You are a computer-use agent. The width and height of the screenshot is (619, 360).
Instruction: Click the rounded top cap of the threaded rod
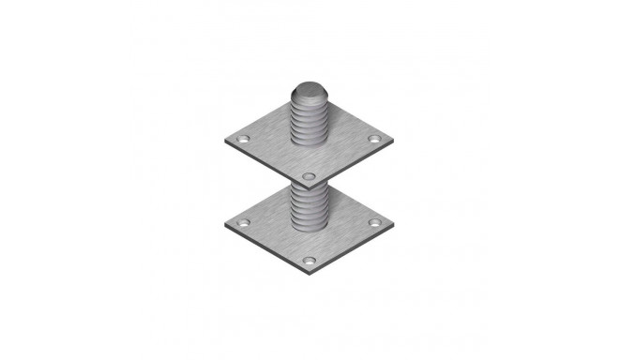(309, 92)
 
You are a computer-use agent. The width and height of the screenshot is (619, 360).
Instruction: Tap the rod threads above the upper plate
(309, 122)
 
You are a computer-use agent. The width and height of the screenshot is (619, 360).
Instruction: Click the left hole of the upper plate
(243, 139)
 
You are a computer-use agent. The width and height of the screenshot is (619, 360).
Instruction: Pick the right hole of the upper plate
(374, 139)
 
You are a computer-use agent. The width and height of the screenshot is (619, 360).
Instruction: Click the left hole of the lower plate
(243, 223)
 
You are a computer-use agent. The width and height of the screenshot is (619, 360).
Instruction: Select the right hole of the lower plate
(374, 223)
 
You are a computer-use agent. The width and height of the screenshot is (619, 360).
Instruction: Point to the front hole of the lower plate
(309, 258)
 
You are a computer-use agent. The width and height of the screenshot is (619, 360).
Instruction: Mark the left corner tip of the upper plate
(225, 141)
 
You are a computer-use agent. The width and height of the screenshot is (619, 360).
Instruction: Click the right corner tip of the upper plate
(393, 141)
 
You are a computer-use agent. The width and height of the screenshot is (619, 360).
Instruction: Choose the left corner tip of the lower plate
(225, 225)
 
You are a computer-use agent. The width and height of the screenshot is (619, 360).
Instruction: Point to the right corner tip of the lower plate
(393, 225)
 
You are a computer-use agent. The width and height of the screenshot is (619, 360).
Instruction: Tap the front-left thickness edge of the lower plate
(266, 248)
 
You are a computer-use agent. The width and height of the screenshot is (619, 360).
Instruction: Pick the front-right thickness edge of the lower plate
(352, 248)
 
